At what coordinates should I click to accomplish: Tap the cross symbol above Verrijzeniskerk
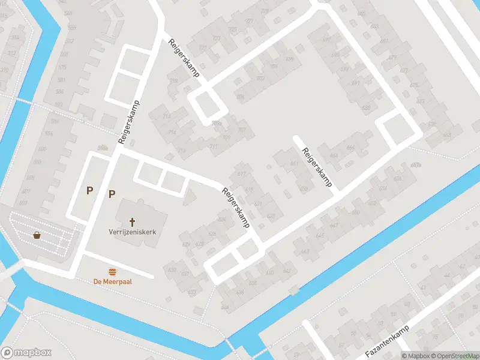tap(132, 222)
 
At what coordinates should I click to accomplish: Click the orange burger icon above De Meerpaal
tap(112, 272)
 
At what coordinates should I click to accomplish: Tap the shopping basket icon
tap(37, 235)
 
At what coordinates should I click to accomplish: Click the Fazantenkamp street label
tap(387, 342)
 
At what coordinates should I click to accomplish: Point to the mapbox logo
tap(26, 353)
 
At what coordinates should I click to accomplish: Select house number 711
tap(213, 146)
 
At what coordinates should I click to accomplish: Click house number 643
tap(305, 251)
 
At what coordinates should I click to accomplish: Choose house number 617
tap(249, 189)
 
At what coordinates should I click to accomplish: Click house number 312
tap(12, 53)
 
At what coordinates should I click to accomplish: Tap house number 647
tap(334, 225)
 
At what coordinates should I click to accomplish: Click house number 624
tap(223, 220)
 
